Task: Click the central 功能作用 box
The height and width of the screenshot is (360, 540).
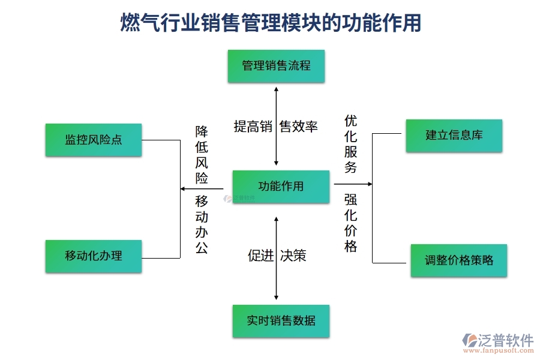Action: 281,187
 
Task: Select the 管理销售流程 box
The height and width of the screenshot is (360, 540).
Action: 276,66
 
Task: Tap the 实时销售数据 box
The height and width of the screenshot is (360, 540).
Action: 281,320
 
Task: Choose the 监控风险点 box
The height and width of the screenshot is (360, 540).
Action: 94,140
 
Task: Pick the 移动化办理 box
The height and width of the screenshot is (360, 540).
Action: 94,256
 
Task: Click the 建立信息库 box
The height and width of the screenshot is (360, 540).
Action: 454,136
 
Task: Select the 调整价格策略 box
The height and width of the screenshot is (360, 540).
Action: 458,260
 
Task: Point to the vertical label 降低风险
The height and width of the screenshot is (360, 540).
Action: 202,154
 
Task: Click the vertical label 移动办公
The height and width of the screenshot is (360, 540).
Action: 202,224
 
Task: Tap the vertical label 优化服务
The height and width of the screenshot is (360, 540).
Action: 351,144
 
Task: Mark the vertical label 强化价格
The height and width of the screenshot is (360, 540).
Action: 351,223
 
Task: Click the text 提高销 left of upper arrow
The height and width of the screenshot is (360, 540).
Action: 253,127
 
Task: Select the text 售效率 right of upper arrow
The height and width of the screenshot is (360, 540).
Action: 299,127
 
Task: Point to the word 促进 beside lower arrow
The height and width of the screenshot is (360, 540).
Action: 260,256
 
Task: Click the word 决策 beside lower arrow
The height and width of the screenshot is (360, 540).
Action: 293,256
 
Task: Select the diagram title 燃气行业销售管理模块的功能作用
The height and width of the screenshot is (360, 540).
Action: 271,23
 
